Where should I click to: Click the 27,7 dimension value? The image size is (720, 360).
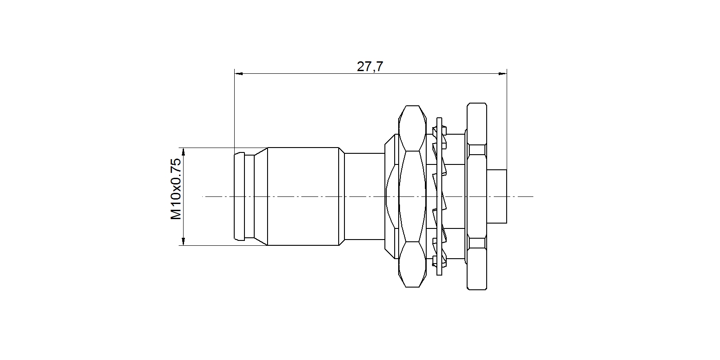point(370,67)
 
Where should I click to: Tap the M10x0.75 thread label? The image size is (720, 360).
point(176,189)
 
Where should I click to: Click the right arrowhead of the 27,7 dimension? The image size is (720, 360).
point(502,74)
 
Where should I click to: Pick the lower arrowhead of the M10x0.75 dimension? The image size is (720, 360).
point(183,241)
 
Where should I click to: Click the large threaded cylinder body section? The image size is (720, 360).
point(303,196)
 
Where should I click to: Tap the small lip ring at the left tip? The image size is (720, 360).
point(240,196)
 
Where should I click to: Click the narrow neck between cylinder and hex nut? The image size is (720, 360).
point(364,196)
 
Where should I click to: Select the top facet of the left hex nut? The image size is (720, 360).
point(412,128)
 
